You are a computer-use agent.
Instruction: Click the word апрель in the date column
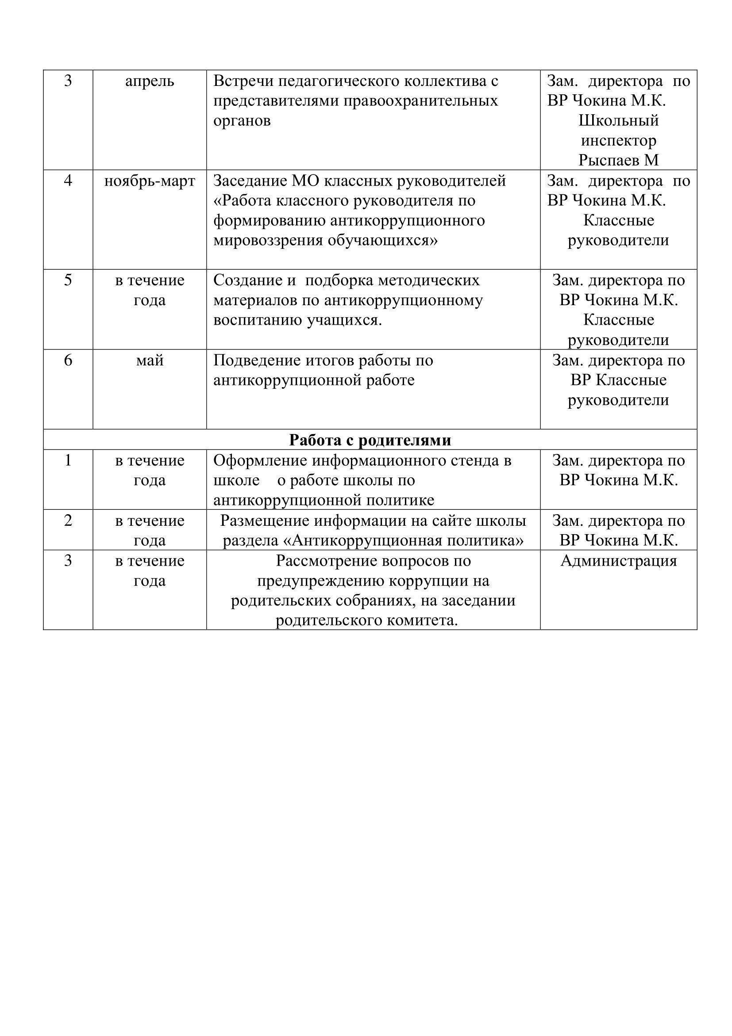pyautogui.click(x=150, y=82)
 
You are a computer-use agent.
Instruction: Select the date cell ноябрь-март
pyautogui.click(x=150, y=182)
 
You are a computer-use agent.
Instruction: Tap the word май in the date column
pyautogui.click(x=150, y=361)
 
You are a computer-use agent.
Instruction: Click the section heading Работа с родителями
pyautogui.click(x=370, y=440)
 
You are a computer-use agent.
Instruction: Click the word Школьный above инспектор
pyautogui.click(x=618, y=121)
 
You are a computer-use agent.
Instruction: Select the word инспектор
pyautogui.click(x=618, y=141)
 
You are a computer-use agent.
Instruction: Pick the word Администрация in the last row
pyautogui.click(x=618, y=561)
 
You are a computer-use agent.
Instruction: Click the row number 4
pyautogui.click(x=68, y=181)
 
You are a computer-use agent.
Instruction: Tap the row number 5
pyautogui.click(x=68, y=280)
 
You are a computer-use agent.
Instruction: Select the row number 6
pyautogui.click(x=68, y=361)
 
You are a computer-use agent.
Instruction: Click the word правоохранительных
pyautogui.click(x=421, y=101)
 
